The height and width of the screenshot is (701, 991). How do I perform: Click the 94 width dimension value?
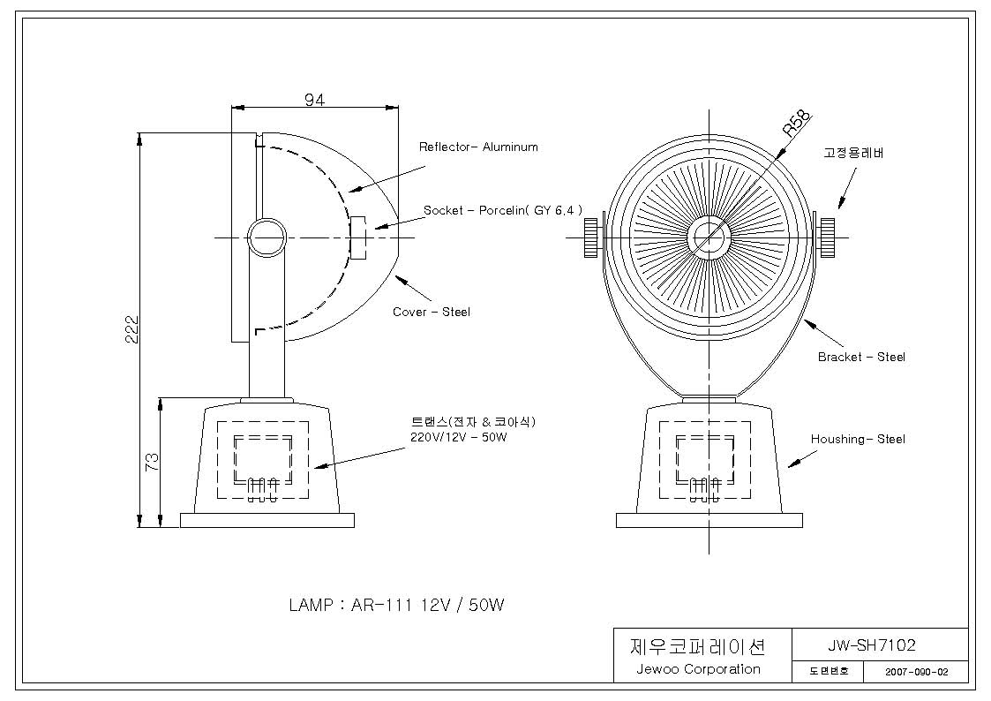click(x=314, y=100)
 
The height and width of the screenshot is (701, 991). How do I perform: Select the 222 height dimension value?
click(x=131, y=328)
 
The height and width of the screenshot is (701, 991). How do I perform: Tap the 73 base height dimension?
click(x=153, y=462)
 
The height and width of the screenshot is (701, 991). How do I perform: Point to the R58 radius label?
click(x=796, y=124)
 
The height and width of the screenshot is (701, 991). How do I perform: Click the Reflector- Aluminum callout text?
click(x=478, y=147)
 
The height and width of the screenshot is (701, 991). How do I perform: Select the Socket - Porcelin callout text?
click(x=502, y=210)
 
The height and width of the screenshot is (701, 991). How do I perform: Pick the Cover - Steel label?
click(x=431, y=312)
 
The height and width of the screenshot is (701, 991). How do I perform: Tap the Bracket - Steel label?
click(x=861, y=357)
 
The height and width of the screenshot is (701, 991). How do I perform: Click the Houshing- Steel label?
click(x=858, y=439)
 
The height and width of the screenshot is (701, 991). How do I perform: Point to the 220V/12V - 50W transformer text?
click(x=459, y=437)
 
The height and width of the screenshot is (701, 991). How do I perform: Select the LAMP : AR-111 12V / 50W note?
click(x=396, y=605)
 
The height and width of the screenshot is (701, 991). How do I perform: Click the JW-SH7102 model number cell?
click(x=872, y=645)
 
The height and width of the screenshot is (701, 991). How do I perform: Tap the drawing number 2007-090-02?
click(x=916, y=672)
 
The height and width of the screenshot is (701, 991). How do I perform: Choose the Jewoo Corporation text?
click(x=698, y=668)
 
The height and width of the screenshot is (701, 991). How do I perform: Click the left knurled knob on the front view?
click(x=590, y=237)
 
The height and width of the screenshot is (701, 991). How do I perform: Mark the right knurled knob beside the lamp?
click(x=828, y=237)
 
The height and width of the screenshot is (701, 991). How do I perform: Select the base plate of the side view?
click(x=267, y=520)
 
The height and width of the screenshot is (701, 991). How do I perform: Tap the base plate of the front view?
click(x=709, y=520)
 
